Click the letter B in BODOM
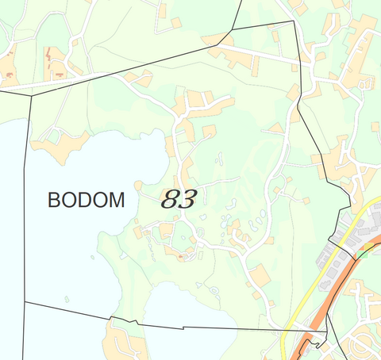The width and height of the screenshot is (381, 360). (x=54, y=200)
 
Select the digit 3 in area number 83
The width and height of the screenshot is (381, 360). (x=187, y=199)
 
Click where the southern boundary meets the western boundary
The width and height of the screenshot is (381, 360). (x=25, y=302)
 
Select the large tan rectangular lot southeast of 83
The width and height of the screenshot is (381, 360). (x=260, y=276)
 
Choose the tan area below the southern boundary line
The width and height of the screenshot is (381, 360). (x=123, y=345)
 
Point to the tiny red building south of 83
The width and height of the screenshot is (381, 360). (x=182, y=256)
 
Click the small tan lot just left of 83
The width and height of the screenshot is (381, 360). (x=137, y=186)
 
